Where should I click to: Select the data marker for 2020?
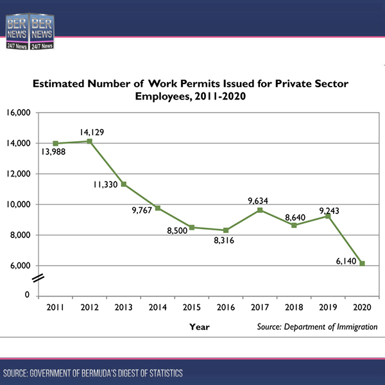[363, 264]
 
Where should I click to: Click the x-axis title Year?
[200, 327]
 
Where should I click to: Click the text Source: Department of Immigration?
[317, 327]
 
